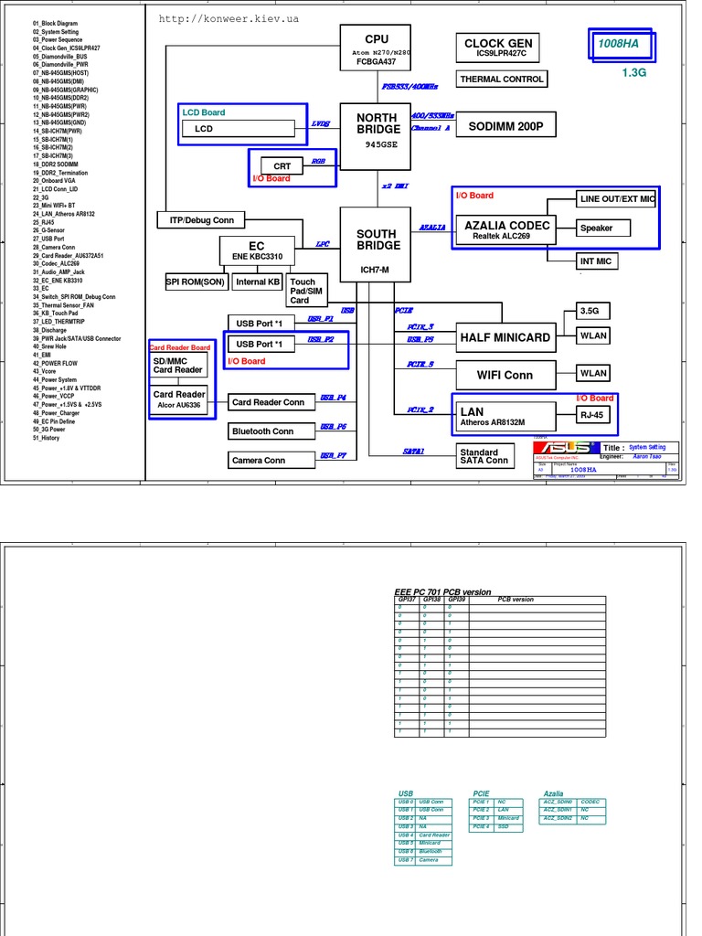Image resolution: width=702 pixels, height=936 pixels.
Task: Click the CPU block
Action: [x=377, y=47]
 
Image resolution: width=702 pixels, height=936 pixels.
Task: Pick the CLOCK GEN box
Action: [x=498, y=48]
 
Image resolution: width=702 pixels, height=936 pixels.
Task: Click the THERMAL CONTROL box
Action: [x=502, y=80]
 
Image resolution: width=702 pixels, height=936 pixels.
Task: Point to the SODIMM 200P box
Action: [x=505, y=127]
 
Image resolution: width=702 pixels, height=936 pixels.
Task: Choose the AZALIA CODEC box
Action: [x=507, y=229]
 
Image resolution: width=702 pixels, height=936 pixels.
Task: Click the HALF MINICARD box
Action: [x=505, y=337]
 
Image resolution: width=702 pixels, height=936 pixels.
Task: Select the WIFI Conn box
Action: [x=505, y=375]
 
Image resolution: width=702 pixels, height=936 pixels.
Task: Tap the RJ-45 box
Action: [x=592, y=414]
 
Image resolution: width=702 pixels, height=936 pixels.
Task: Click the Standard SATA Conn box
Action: [x=484, y=456]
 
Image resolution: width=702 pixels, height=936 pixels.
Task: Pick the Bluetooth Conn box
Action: [x=262, y=431]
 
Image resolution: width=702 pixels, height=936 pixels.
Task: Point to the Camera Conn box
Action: [x=259, y=461]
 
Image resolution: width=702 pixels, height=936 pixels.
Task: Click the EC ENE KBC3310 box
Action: [x=256, y=250]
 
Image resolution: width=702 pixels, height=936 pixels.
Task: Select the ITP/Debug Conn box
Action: [x=201, y=220]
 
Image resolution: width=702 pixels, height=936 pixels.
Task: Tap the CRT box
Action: [x=282, y=165]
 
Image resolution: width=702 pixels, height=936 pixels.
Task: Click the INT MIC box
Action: [x=596, y=261]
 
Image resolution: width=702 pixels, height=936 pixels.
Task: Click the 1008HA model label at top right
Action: [x=619, y=44]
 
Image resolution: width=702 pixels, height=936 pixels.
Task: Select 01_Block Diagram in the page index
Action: [x=56, y=23]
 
